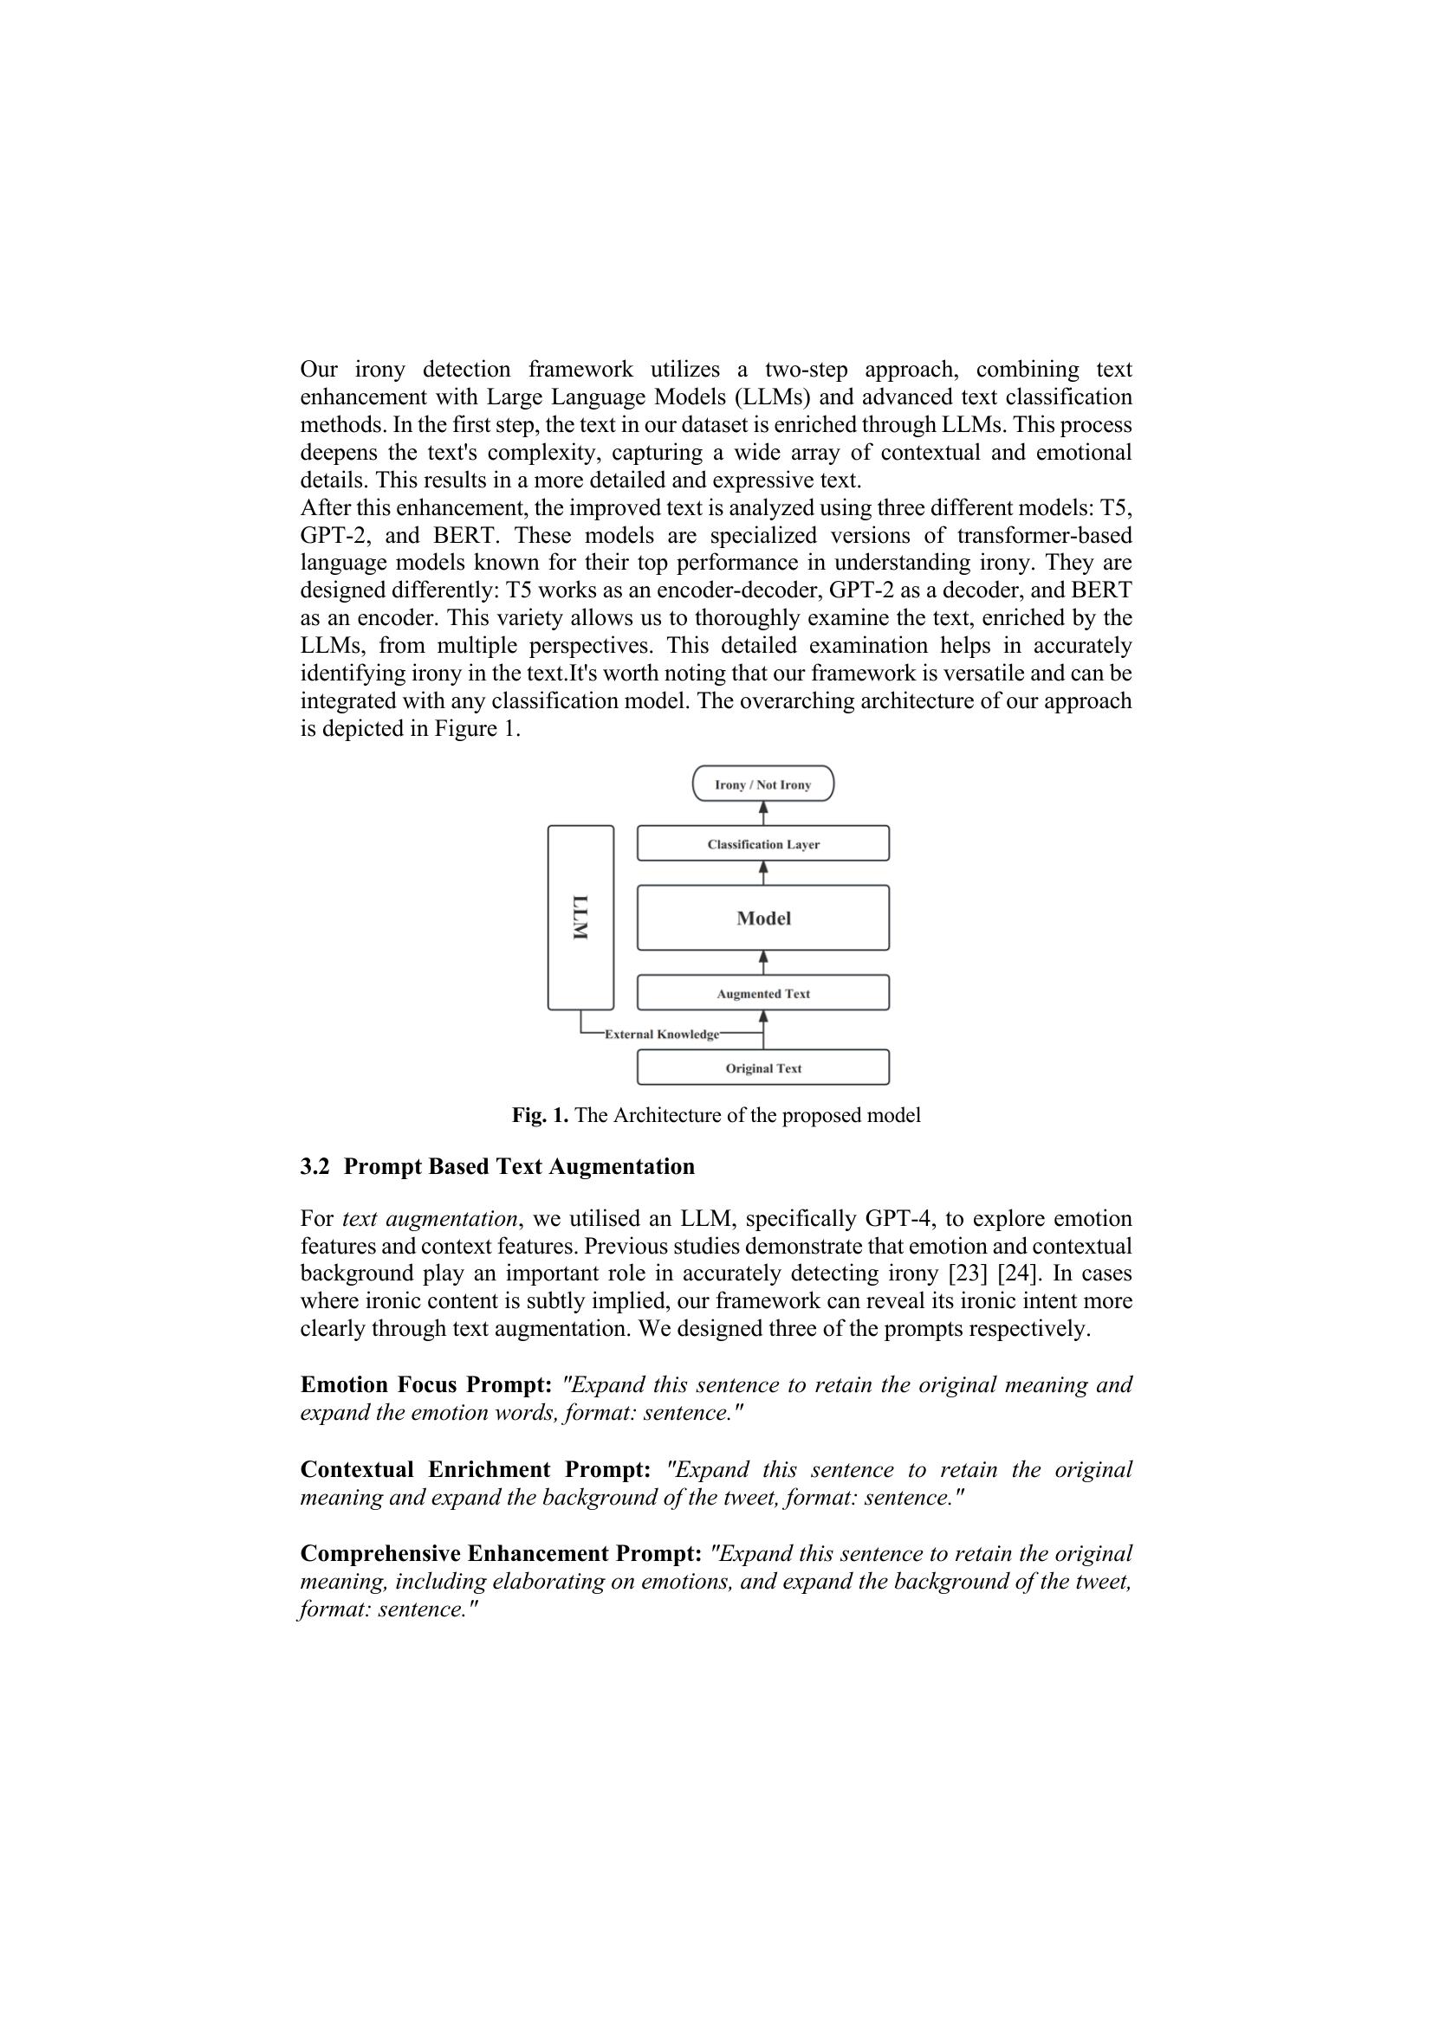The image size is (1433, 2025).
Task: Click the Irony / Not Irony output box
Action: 762,784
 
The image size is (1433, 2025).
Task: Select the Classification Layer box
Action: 762,844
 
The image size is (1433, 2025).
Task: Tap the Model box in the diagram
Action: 762,918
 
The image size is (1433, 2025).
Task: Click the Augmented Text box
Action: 762,993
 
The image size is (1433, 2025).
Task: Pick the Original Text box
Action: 762,1068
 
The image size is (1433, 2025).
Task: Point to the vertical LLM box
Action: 580,917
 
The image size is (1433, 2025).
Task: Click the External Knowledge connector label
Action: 661,1035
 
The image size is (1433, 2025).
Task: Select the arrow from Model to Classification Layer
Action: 763,873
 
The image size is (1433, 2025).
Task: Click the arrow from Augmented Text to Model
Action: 763,962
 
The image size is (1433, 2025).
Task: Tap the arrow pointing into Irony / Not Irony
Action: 763,812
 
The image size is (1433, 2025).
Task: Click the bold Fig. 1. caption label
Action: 540,1116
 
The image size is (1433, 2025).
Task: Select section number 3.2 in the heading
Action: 314,1167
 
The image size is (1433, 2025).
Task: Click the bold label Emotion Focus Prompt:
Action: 425,1385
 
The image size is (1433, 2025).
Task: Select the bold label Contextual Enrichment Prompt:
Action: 475,1470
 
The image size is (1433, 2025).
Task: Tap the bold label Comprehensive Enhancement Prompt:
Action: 500,1554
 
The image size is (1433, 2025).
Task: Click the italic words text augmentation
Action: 429,1219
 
